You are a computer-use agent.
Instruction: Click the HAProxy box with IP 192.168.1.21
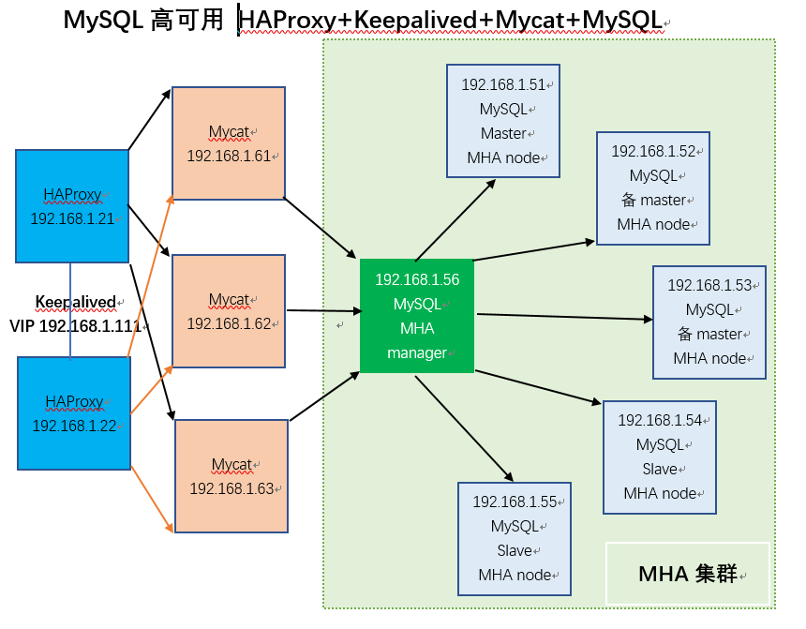[72, 206]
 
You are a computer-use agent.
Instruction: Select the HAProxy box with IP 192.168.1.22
[74, 413]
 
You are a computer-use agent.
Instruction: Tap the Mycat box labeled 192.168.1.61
[229, 143]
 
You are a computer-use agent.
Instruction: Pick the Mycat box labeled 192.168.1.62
[229, 311]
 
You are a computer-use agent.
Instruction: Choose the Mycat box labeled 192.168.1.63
[231, 476]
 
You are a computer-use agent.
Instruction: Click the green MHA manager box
[417, 316]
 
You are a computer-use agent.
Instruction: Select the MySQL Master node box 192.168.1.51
[503, 121]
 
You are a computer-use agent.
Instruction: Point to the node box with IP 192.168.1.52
[653, 188]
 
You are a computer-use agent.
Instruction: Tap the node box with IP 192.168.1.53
[709, 322]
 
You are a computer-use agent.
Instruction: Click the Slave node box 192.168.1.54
[660, 457]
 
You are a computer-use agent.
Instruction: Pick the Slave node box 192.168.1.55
[515, 538]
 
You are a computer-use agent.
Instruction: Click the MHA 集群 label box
[687, 573]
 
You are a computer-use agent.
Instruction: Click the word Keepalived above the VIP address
[75, 302]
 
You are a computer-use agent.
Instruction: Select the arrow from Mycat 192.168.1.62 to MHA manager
[323, 309]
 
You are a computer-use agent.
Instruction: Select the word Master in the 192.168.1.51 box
[503, 133]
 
